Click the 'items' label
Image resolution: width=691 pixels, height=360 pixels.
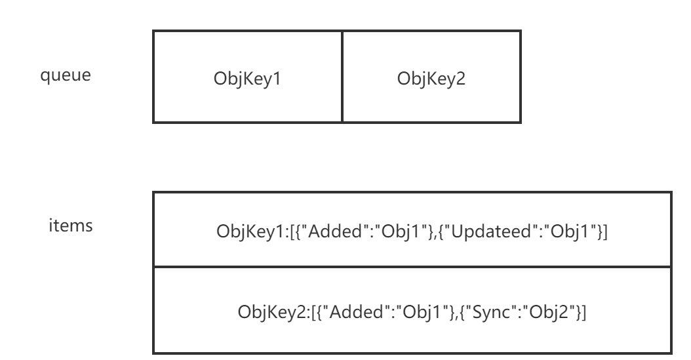coord(71,226)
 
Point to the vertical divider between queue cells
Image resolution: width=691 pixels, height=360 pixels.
coord(342,76)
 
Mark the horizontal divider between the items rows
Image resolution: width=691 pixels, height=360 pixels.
coord(412,267)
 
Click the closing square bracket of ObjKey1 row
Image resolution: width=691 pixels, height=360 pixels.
coord(605,232)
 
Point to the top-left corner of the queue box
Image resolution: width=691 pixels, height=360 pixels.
coord(153,30)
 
